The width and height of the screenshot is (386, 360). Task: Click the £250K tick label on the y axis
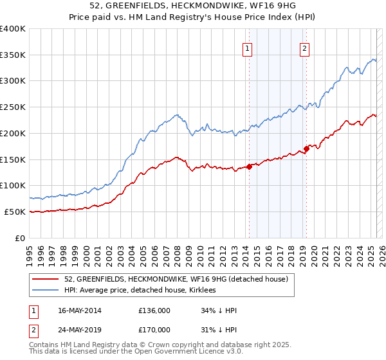[x=13, y=107]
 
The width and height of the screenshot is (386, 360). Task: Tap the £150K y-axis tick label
[x=13, y=159]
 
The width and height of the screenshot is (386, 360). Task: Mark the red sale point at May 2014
[x=249, y=167]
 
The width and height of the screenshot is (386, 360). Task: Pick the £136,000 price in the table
[x=154, y=310]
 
